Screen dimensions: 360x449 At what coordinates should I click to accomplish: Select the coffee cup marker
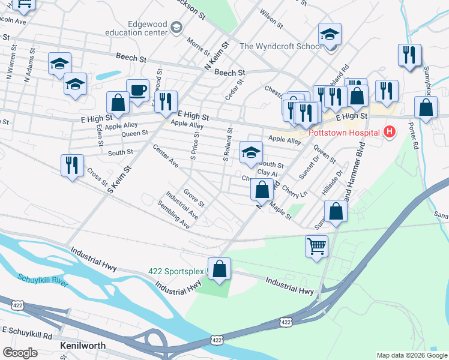tap(138, 90)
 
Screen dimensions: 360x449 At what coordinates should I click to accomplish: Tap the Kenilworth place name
tap(83, 346)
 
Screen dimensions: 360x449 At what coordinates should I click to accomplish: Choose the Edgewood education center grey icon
tap(176, 27)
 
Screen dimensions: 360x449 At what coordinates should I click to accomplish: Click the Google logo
tap(20, 353)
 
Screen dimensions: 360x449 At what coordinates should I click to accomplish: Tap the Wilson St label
tap(271, 18)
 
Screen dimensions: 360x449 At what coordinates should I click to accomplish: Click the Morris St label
tap(196, 44)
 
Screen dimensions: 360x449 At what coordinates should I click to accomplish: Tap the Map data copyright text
tap(411, 355)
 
